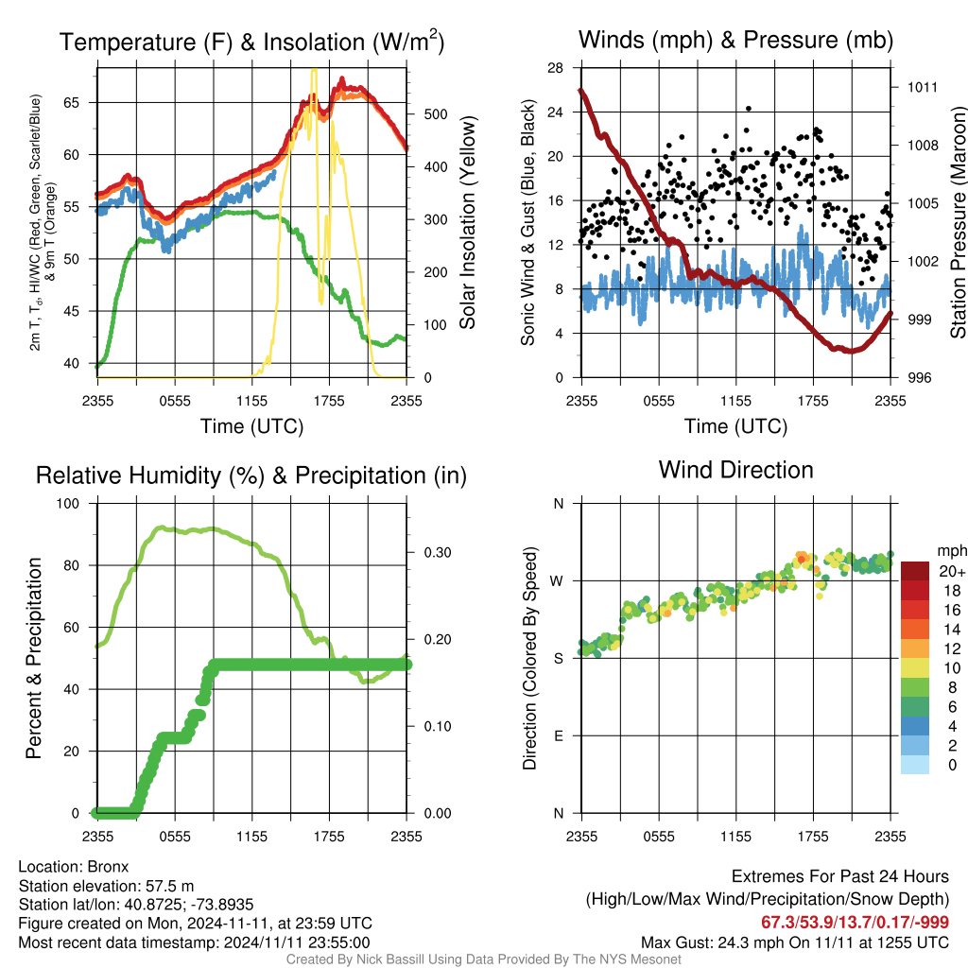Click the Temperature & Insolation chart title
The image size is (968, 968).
(251, 42)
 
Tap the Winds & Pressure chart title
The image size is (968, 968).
(735, 40)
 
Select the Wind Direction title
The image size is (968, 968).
(735, 470)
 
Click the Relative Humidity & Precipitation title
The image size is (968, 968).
(251, 475)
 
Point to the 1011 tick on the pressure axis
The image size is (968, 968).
(922, 87)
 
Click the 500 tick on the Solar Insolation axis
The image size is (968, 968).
(435, 114)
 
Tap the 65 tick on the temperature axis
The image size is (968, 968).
(72, 102)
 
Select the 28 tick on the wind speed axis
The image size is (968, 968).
(555, 68)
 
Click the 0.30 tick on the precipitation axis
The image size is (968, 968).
(437, 552)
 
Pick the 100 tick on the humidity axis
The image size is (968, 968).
(68, 503)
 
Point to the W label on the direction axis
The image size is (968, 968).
(557, 581)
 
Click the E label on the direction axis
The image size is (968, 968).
(558, 735)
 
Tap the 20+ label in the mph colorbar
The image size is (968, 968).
(952, 571)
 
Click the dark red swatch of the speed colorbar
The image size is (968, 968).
(915, 571)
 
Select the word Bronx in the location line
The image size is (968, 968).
(108, 867)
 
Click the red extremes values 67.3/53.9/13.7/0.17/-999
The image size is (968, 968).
(855, 922)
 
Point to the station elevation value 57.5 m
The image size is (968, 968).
(170, 886)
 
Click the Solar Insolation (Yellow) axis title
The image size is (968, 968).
(468, 222)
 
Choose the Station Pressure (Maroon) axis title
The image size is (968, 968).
(959, 222)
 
